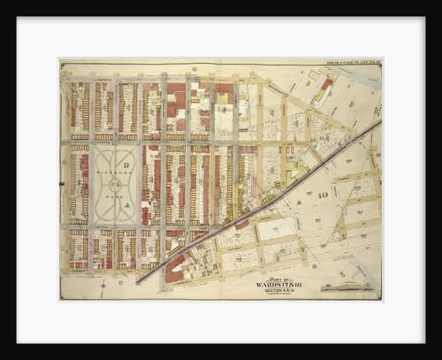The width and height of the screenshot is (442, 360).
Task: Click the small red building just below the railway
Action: tap(240, 224)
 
